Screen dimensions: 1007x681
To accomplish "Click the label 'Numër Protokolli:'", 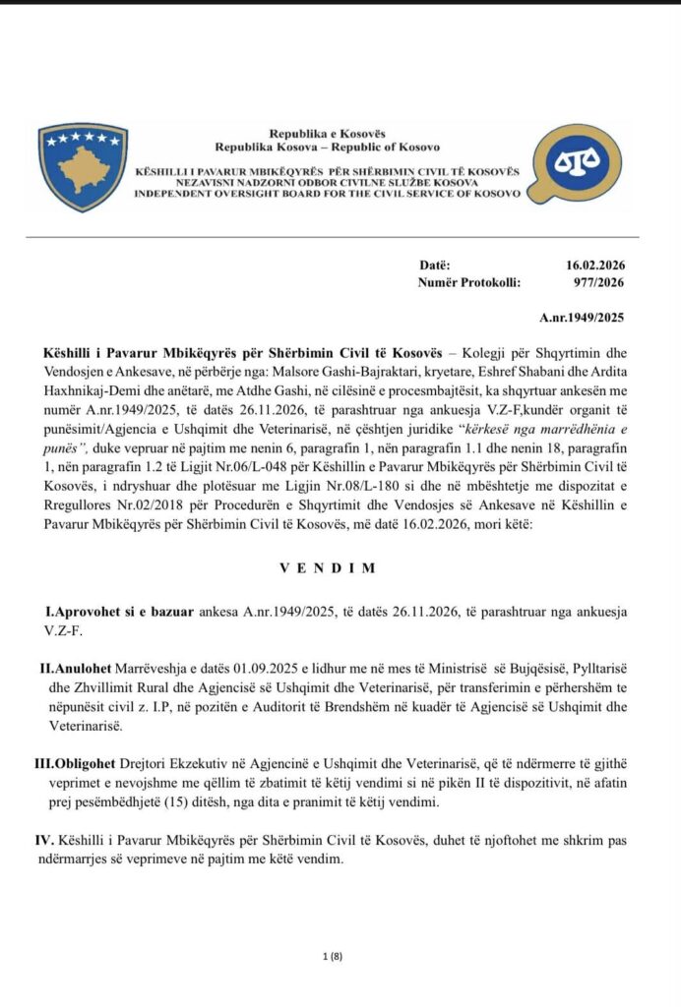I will tap(469, 283).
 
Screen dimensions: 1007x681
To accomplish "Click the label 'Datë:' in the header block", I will tap(434, 266).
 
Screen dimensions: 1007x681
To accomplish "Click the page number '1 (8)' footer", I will tap(333, 956).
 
